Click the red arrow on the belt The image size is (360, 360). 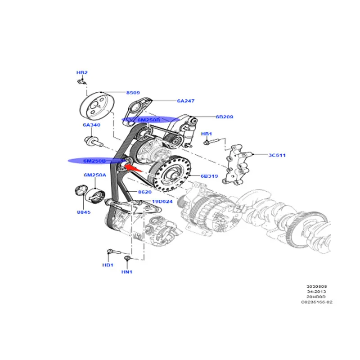point(131,167)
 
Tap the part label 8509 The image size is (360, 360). point(133,92)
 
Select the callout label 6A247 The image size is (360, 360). point(185,101)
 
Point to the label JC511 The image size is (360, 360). point(277,155)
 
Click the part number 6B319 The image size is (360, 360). point(209,176)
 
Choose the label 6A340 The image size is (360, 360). point(91,125)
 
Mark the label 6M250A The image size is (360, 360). point(94,175)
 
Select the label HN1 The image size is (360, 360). point(127,272)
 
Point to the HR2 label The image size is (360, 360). point(82,72)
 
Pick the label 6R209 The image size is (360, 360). point(224,117)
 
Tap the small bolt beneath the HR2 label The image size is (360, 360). point(81,81)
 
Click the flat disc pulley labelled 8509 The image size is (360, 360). point(98,107)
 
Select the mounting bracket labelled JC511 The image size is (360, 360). point(237,163)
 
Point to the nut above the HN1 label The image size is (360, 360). point(128,259)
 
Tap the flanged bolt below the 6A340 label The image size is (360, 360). point(93,140)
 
